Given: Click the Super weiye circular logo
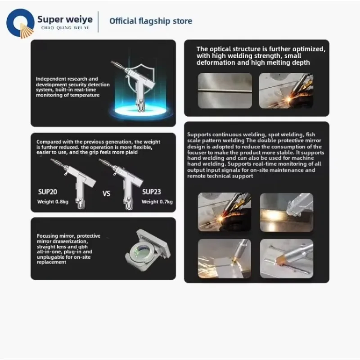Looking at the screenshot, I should click(x=20, y=24).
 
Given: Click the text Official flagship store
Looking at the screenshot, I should click(x=151, y=21).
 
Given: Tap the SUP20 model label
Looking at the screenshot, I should click(x=48, y=191).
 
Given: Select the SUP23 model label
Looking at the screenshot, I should click(x=152, y=191).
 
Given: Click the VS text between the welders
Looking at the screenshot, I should click(x=107, y=194).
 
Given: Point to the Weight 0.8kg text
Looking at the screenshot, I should click(x=53, y=202).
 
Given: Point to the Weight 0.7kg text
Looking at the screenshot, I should click(x=157, y=202).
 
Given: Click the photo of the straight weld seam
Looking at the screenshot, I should click(x=225, y=90).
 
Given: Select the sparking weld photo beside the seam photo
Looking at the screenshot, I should click(x=286, y=90).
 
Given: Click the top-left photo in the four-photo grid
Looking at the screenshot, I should click(x=225, y=212).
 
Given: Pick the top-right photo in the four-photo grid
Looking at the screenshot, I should click(x=287, y=212).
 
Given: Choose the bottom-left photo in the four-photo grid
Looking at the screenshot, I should click(x=225, y=258).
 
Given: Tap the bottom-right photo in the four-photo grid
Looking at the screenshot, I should click(x=287, y=258).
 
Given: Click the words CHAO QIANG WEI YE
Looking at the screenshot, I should click(x=65, y=28).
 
